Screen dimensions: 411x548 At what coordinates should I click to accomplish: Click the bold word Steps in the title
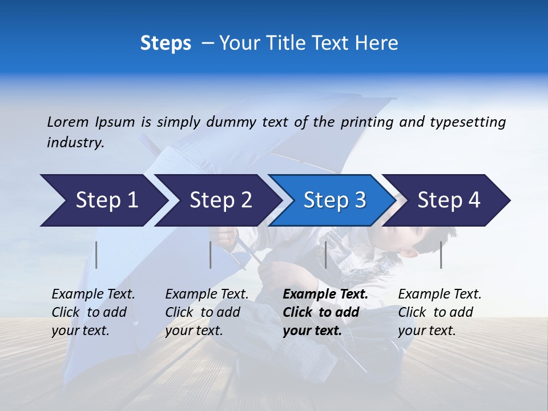pyautogui.click(x=166, y=43)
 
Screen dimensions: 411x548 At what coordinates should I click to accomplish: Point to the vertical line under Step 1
pyautogui.click(x=96, y=255)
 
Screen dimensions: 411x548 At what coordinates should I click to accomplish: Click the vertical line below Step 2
pyautogui.click(x=211, y=255)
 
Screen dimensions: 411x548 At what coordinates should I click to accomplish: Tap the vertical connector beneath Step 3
pyautogui.click(x=325, y=255)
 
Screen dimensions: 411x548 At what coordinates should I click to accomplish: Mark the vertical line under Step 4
pyautogui.click(x=441, y=255)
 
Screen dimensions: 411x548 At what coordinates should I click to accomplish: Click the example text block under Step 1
pyautogui.click(x=93, y=312)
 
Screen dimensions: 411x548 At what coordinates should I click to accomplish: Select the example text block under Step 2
pyautogui.click(x=207, y=312)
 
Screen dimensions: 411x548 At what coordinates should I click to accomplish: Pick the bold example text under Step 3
pyautogui.click(x=325, y=312)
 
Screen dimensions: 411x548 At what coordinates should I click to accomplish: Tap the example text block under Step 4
pyautogui.click(x=440, y=312)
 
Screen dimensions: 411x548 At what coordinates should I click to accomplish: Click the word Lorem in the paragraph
pyautogui.click(x=67, y=122)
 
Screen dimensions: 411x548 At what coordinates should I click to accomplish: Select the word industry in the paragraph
pyautogui.click(x=75, y=143)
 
